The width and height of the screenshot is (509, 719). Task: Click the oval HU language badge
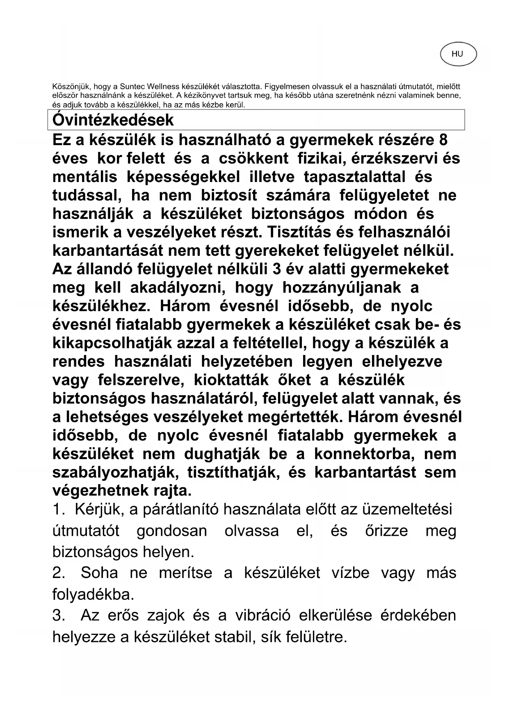(458, 54)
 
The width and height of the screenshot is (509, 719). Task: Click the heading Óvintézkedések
(113, 120)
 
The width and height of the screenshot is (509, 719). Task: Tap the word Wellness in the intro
(164, 86)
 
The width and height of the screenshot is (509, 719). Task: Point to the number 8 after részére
(443, 140)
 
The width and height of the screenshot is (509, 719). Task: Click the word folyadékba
(94, 594)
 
